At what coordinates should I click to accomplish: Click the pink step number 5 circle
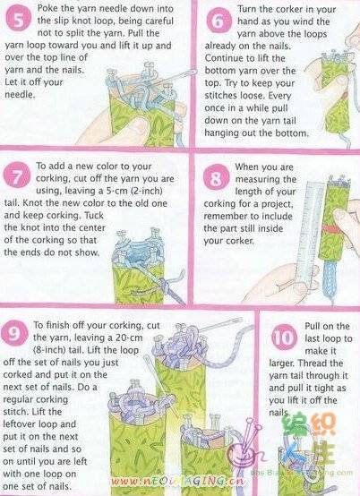(18, 18)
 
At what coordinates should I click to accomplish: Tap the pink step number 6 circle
(219, 21)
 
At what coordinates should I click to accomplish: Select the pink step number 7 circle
(17, 175)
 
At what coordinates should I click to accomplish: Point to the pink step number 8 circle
(217, 176)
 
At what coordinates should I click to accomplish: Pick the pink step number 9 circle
(14, 333)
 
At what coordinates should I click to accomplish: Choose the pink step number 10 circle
(284, 337)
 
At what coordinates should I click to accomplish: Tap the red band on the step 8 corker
(331, 229)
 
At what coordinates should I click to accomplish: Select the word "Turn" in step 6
(246, 9)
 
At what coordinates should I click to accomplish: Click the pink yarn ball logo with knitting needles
(241, 450)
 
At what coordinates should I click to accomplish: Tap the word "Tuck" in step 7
(94, 216)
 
